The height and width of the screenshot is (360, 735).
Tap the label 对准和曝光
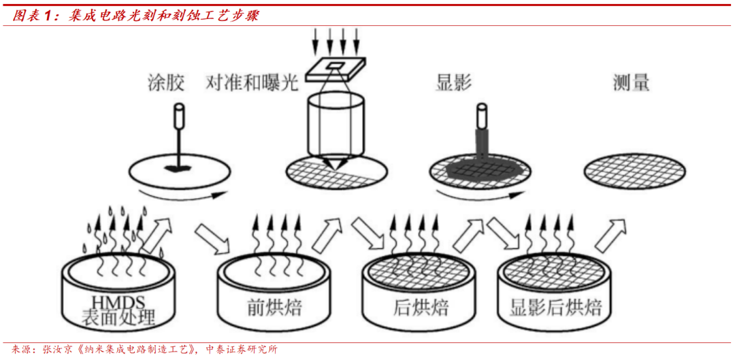252,84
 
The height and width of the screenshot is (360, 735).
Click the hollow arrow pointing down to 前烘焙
212,239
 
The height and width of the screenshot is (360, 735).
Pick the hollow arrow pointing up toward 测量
611,234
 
